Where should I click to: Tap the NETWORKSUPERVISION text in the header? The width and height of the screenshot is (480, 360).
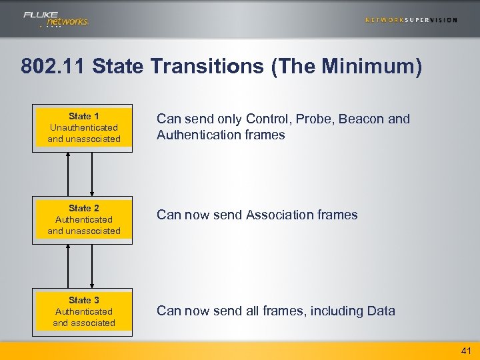coord(411,20)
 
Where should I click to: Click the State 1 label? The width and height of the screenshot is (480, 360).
coord(84,116)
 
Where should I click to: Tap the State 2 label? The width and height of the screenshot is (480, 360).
coord(84,208)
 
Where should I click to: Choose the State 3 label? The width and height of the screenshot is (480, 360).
coord(84,300)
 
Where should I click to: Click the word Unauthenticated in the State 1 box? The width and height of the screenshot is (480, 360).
coord(84,127)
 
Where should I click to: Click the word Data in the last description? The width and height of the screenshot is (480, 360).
coord(381,311)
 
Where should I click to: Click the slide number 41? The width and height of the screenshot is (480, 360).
coord(465,351)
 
